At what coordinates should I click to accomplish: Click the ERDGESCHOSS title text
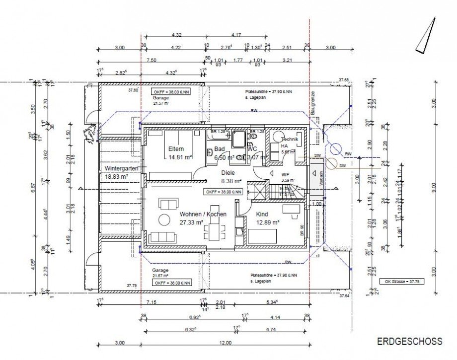(409, 342)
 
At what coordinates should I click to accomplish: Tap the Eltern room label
(176, 149)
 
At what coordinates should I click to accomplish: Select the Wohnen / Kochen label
(203, 214)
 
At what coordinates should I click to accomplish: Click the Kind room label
(262, 214)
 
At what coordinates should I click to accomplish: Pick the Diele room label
(229, 173)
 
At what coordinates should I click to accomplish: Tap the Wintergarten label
(121, 168)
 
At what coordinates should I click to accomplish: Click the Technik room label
(290, 141)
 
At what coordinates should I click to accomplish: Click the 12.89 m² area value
(268, 222)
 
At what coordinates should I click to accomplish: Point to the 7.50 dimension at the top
(152, 60)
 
